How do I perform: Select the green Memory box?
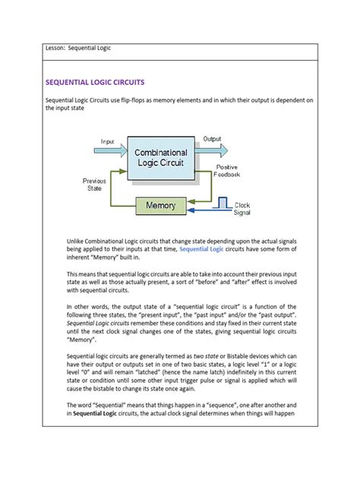(x=161, y=205)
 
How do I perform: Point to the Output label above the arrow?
(x=212, y=139)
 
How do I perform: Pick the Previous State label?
(x=97, y=185)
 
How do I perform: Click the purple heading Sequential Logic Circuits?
(x=95, y=81)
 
